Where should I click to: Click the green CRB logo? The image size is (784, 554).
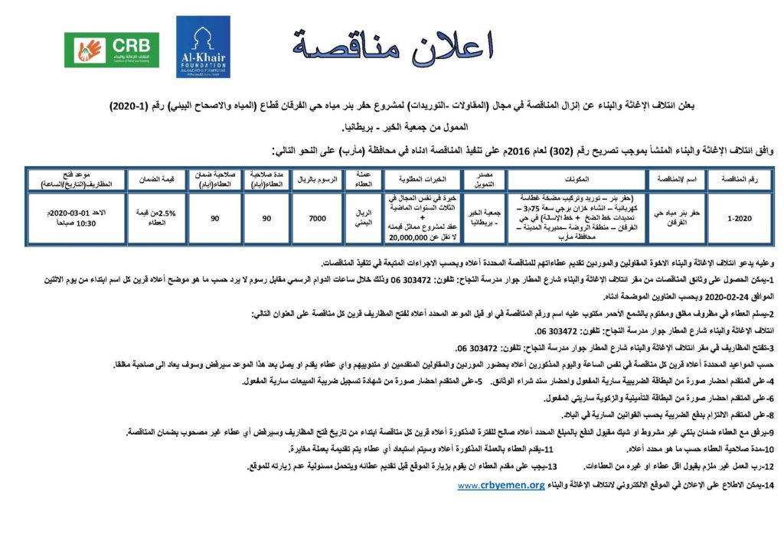click(112, 51)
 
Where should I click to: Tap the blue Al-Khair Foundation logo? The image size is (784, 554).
click(203, 47)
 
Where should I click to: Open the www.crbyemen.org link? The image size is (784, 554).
click(501, 485)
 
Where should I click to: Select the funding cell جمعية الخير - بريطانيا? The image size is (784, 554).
click(480, 218)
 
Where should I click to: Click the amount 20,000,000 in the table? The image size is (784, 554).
click(415, 237)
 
